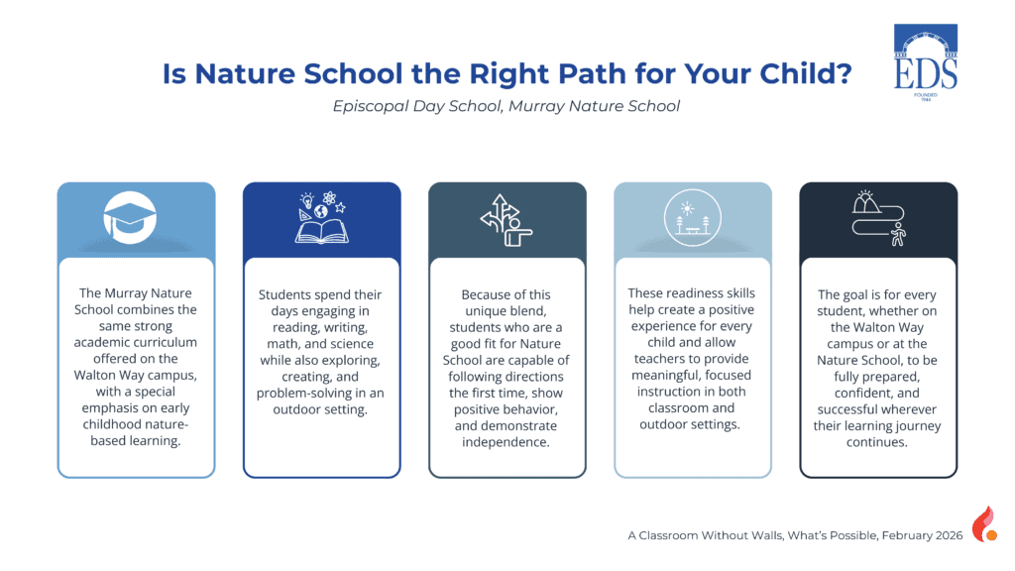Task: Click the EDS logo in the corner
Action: pyautogui.click(x=926, y=62)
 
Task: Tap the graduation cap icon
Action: pyautogui.click(x=130, y=217)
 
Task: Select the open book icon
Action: pyautogui.click(x=322, y=218)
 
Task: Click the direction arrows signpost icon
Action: pyautogui.click(x=506, y=220)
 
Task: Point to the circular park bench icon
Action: pyautogui.click(x=693, y=217)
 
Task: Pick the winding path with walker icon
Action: pyautogui.click(x=878, y=218)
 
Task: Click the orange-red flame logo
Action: pyautogui.click(x=984, y=523)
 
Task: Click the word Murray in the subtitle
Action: pyautogui.click(x=533, y=106)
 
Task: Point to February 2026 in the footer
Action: pyautogui.click(x=923, y=535)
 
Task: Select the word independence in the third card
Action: pyautogui.click(x=506, y=442)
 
